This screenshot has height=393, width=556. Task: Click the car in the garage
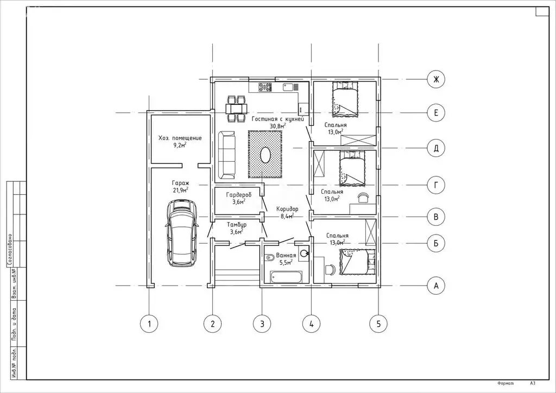181,233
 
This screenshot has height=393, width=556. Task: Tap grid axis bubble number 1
149,324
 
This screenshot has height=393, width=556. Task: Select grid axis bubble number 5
378,324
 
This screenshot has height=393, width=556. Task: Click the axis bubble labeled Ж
436,79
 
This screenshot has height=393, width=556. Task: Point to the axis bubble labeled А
436,286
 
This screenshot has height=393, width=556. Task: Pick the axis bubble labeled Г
436,185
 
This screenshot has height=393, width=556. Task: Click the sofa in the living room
226,155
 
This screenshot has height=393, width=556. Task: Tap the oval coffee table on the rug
266,155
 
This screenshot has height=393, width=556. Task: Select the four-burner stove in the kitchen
265,87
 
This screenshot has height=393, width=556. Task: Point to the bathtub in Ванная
286,277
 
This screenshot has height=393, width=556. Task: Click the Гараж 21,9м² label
180,186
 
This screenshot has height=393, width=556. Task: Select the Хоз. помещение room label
180,138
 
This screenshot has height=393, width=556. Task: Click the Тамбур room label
237,225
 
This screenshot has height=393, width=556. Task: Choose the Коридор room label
287,209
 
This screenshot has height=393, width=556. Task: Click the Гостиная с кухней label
278,119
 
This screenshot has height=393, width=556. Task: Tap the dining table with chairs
236,108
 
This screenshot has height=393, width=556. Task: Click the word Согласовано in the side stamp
11,250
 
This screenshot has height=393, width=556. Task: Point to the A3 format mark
532,383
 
